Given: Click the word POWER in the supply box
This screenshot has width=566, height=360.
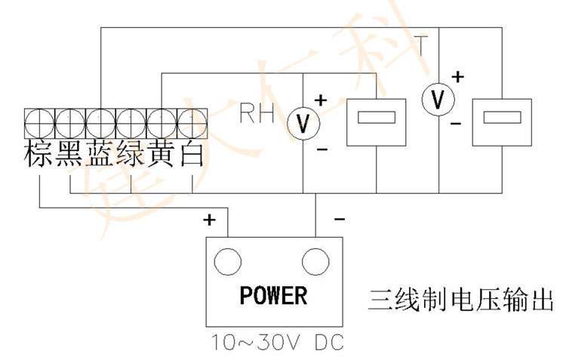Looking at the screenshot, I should (x=273, y=295).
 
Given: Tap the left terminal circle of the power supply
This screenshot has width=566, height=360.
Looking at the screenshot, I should (x=227, y=263).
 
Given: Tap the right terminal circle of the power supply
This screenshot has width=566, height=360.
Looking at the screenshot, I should (x=316, y=263).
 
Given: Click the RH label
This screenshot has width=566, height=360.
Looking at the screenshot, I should (x=257, y=115).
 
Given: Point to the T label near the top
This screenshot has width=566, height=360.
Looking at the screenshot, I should (x=420, y=47).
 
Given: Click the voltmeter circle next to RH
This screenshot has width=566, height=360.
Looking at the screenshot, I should (x=303, y=124).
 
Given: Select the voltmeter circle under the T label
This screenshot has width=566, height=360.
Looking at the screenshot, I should (x=435, y=99).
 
